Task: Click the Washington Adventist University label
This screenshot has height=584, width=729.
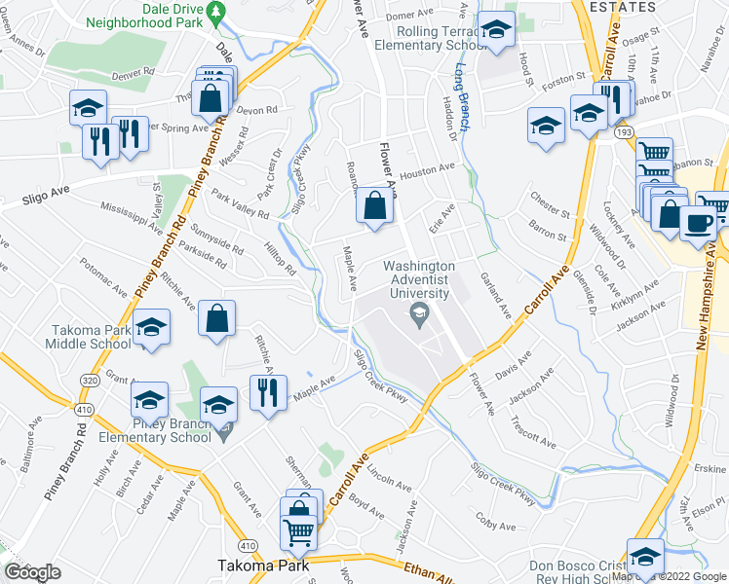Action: click(x=419, y=278)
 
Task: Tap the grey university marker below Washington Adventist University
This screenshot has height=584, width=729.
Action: click(x=420, y=312)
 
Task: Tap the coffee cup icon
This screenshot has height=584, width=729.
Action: click(x=698, y=223)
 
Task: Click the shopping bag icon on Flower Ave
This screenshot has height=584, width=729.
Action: click(x=375, y=205)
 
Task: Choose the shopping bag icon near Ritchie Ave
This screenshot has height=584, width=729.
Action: click(x=218, y=317)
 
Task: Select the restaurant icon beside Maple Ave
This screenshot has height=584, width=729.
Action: click(x=264, y=391)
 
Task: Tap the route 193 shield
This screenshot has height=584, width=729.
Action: click(x=620, y=130)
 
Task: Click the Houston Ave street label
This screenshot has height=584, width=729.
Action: click(x=427, y=168)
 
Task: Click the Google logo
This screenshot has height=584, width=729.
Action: click(x=32, y=571)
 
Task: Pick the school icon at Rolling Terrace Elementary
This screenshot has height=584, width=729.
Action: click(x=496, y=31)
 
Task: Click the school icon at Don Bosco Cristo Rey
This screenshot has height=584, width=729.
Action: click(x=644, y=557)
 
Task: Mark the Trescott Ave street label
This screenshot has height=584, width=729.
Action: click(x=533, y=432)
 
